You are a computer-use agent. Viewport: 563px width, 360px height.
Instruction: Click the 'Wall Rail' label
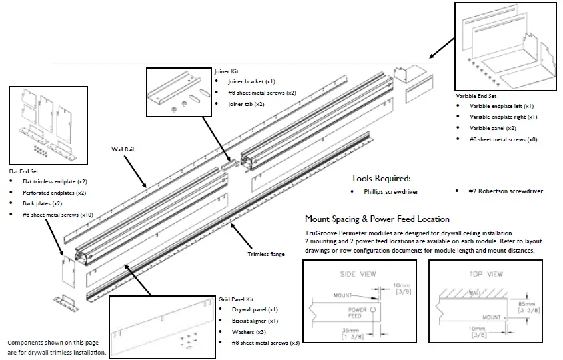point(125,151)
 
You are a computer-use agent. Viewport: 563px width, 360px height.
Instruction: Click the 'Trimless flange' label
point(266,254)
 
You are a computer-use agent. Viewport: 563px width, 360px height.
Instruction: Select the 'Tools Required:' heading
point(381,179)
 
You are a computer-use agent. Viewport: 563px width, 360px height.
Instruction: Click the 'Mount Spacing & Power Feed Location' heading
point(377,219)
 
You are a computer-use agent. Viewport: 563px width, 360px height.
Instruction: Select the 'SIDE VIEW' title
point(358,274)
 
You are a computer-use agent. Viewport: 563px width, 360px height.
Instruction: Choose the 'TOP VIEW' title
point(485,274)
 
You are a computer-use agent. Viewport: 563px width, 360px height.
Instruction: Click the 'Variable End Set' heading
point(476,95)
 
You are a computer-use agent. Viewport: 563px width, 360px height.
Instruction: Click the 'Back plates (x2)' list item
point(43,203)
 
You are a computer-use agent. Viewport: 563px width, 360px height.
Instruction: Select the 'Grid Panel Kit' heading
point(236,299)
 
